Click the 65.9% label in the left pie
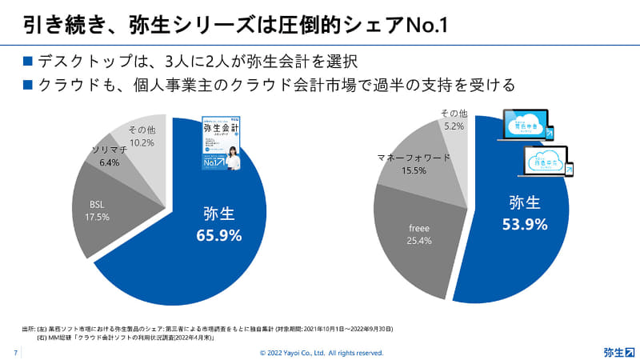[x=219, y=236]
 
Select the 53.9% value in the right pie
[x=526, y=224]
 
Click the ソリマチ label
[x=109, y=150]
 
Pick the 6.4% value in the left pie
[x=109, y=162]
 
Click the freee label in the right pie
[x=419, y=228]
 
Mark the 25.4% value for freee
[x=419, y=241]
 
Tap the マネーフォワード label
[x=414, y=158]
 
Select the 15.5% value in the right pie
[x=414, y=171]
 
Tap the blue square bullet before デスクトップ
[x=27, y=61]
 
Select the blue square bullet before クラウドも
[x=27, y=84]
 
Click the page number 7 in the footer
[x=16, y=352]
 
